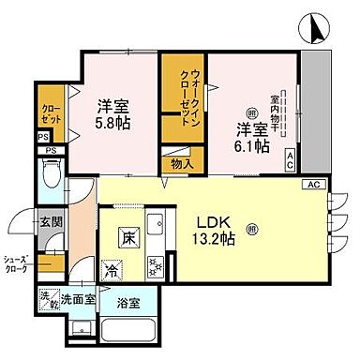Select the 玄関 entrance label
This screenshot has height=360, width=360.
pos(50,222)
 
